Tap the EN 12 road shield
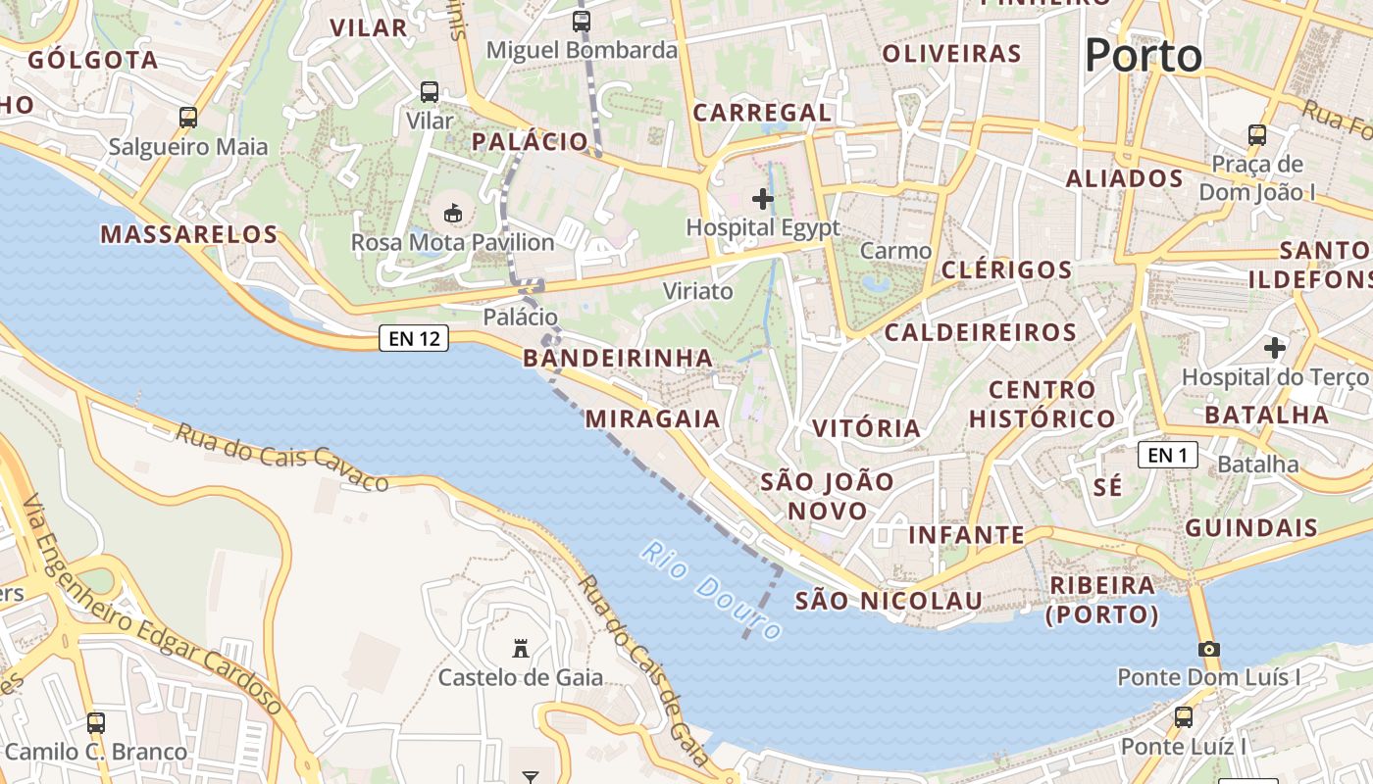click(x=414, y=339)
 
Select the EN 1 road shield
click(x=1168, y=455)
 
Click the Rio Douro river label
click(x=712, y=590)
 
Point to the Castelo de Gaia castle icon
click(x=521, y=648)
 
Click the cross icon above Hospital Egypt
click(x=762, y=199)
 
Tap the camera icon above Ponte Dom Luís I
click(x=1208, y=649)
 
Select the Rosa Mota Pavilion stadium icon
click(x=453, y=213)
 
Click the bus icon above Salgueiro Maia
click(x=188, y=118)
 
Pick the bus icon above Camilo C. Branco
click(x=96, y=723)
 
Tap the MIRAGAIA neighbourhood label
click(x=652, y=419)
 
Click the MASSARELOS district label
click(x=189, y=234)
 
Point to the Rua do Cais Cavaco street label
click(x=282, y=457)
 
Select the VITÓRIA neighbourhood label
click(x=867, y=428)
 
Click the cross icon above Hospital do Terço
click(x=1274, y=348)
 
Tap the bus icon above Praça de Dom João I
click(x=1257, y=135)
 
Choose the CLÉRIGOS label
click(x=1006, y=269)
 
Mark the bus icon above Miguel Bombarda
click(x=582, y=21)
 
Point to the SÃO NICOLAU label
click(x=889, y=601)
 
